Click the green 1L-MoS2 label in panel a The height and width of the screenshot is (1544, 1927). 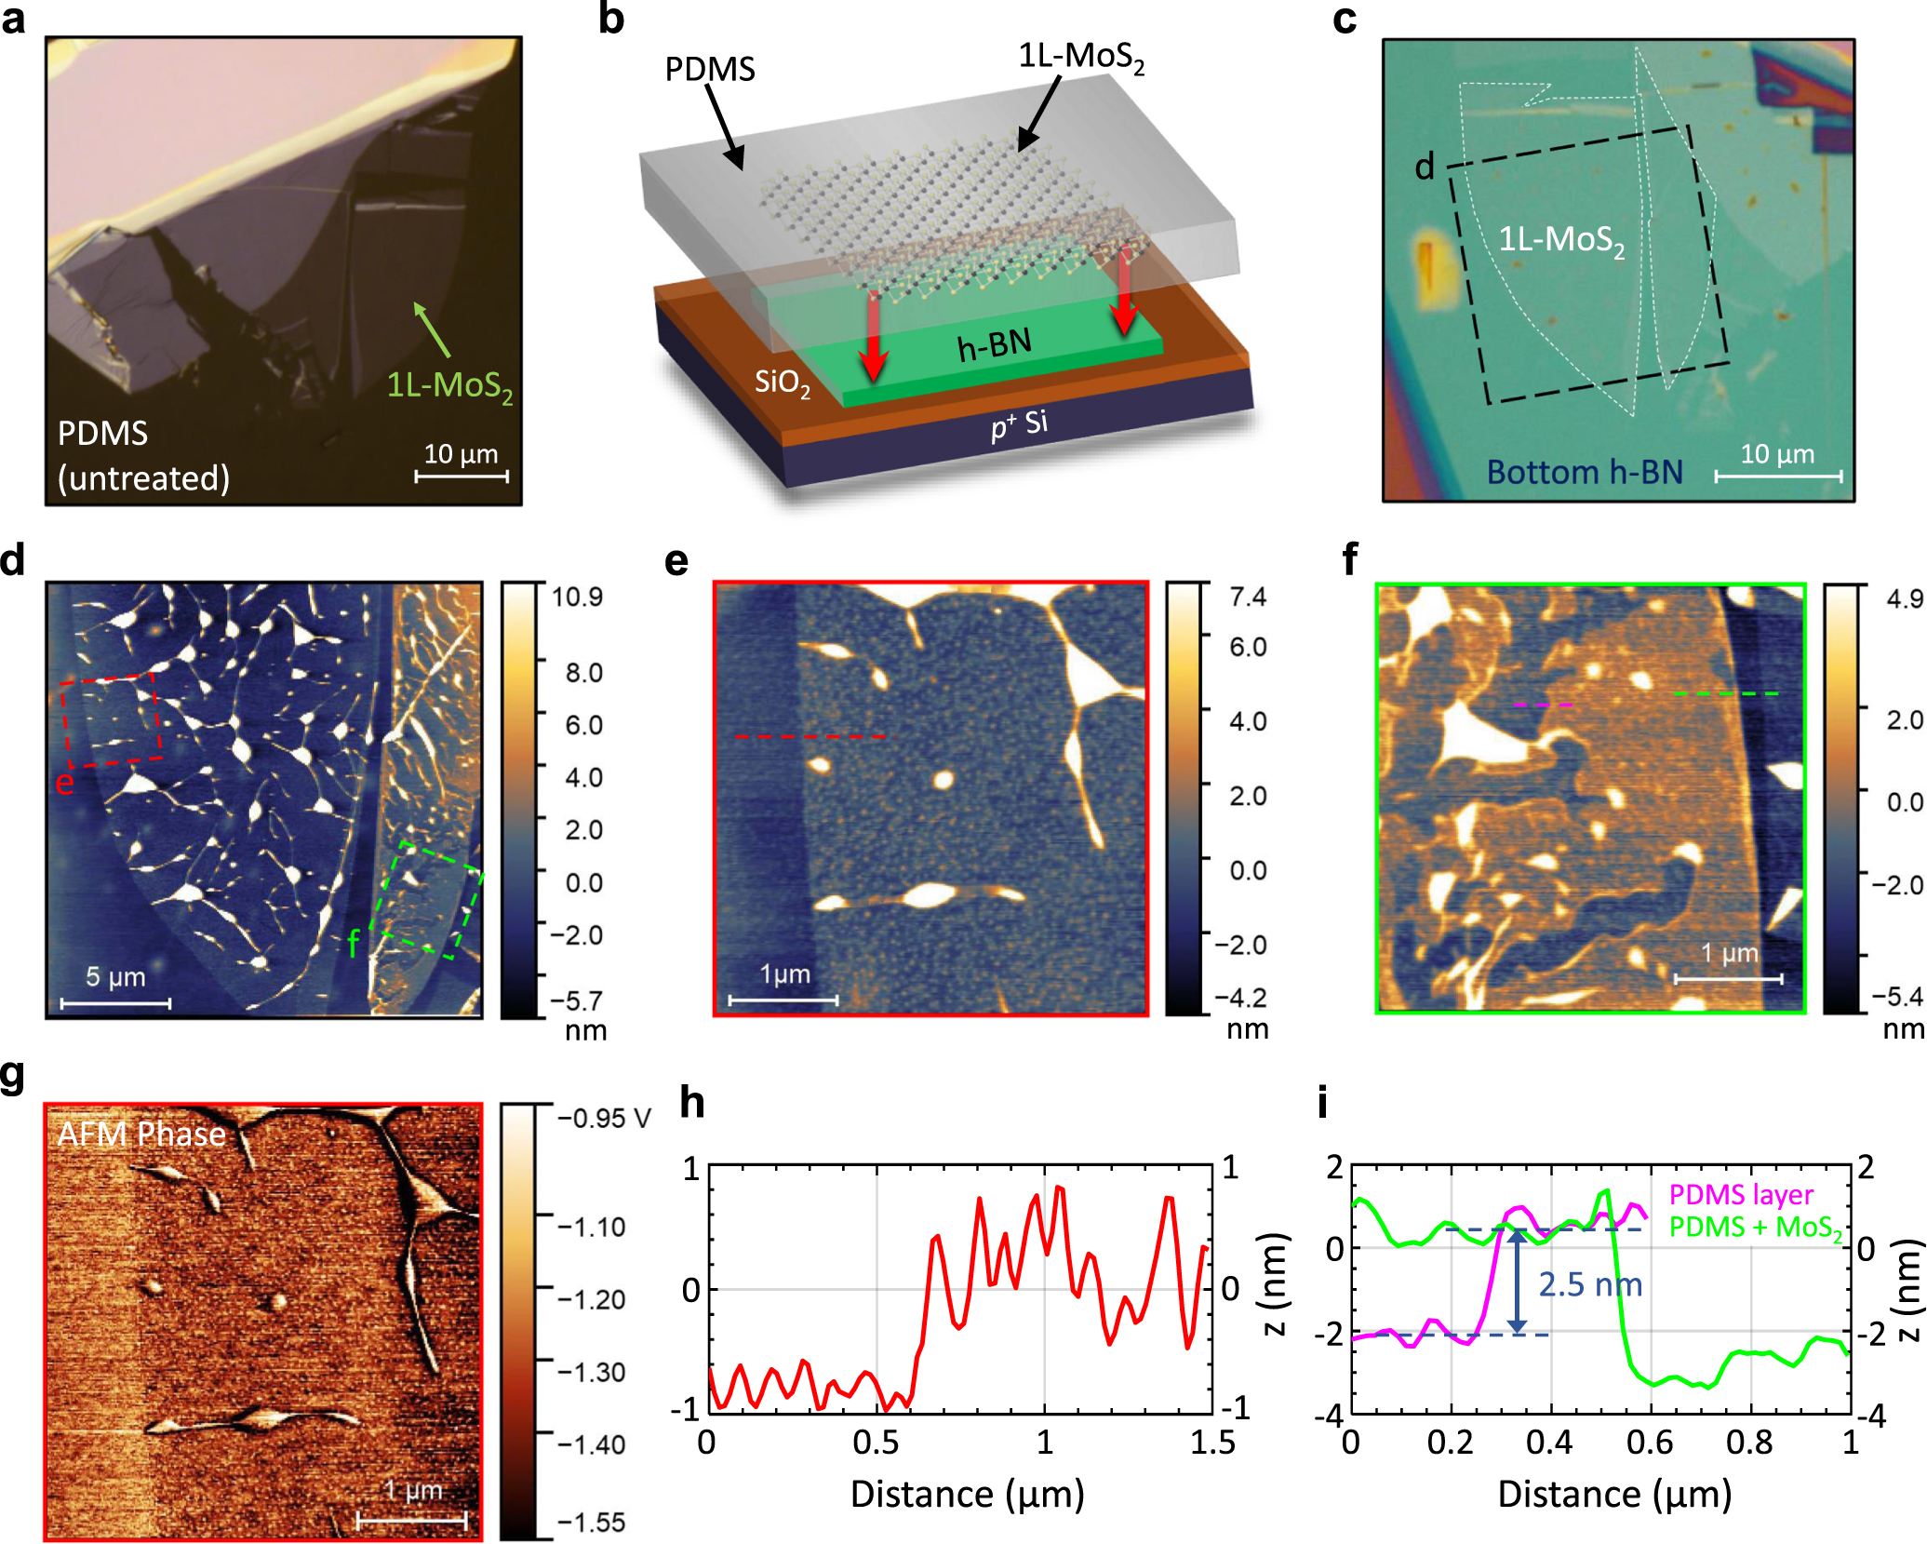coord(449,384)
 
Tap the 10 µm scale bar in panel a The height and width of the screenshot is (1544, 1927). coord(462,476)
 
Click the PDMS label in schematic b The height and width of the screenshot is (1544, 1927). coord(709,69)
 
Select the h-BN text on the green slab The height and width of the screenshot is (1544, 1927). coord(995,345)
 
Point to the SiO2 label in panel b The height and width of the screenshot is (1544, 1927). coord(782,382)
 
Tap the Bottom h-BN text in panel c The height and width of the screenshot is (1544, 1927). coord(1584,472)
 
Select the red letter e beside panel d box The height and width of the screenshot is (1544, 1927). coord(63,782)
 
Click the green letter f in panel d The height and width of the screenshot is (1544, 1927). coord(353,943)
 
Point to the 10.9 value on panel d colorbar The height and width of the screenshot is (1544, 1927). coord(577,597)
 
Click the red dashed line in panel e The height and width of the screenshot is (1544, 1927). coord(813,736)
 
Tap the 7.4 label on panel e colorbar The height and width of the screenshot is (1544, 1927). coord(1247,597)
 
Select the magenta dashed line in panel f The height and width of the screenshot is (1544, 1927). coord(1543,705)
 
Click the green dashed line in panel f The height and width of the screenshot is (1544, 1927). coord(1725,693)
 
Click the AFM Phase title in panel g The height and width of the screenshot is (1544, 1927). coord(141,1134)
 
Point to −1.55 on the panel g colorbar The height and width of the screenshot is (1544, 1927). coord(591,1522)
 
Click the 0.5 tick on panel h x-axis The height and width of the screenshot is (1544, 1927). coord(876,1443)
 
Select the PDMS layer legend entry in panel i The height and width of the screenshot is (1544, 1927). coord(1740,1194)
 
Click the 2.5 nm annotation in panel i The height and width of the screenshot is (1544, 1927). coord(1589,1284)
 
